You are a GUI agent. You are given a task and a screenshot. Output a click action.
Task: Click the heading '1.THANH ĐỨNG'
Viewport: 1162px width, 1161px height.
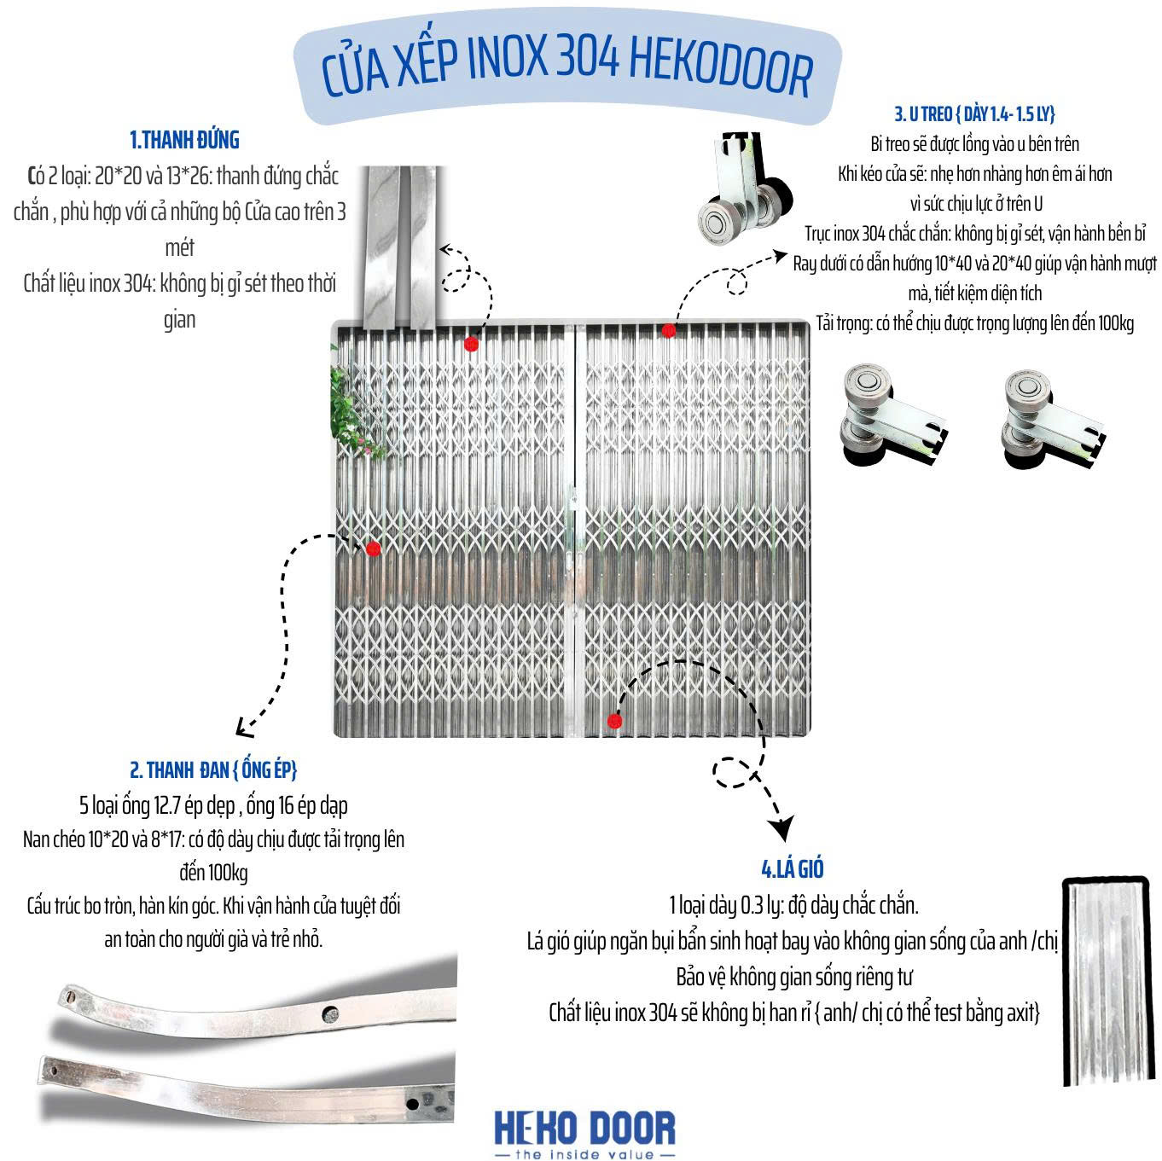184,140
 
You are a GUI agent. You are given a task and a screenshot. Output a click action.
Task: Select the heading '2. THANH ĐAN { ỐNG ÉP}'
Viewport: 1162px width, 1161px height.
213,770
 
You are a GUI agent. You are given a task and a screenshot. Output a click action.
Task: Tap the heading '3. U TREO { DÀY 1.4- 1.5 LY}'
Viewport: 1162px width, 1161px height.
974,114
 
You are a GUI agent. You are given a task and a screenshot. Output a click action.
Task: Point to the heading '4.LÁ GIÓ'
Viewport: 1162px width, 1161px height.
792,869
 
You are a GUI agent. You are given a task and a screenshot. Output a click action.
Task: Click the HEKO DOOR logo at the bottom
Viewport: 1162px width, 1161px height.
584,1127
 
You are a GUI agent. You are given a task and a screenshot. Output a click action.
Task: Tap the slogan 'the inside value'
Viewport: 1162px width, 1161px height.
584,1154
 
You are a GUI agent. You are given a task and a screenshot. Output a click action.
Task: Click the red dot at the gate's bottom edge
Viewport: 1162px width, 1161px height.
614,722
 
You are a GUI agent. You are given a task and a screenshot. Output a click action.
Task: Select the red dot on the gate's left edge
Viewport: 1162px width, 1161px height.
373,549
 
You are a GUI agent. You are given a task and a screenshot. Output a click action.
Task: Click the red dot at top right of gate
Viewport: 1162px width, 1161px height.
668,330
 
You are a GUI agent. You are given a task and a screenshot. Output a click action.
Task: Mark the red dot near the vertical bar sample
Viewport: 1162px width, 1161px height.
471,344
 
